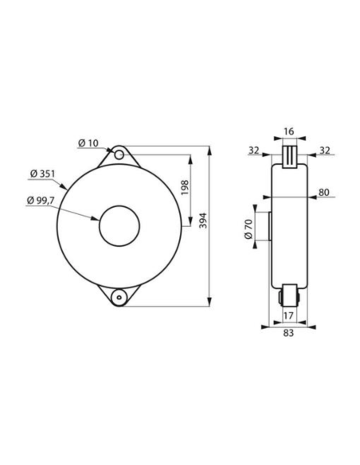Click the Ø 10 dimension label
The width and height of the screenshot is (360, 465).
click(x=88, y=143)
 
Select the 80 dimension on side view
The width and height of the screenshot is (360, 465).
click(x=324, y=191)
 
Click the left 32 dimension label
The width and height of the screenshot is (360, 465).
click(x=255, y=148)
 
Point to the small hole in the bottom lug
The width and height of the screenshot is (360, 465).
click(x=118, y=297)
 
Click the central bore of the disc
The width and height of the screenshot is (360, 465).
click(x=118, y=225)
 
